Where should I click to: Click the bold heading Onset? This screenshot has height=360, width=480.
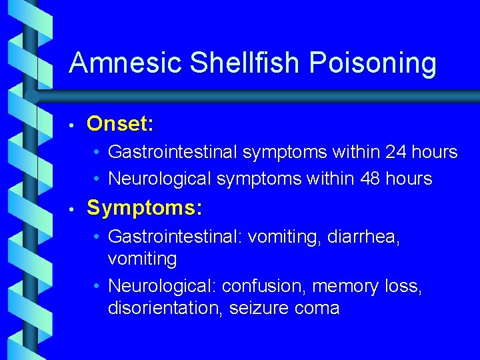coord(121,124)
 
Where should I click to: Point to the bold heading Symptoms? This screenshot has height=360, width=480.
coord(144,208)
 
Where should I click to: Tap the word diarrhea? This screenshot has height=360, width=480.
coord(363,237)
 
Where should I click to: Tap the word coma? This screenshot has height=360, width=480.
coord(319,309)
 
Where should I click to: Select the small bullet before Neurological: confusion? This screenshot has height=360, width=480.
coord(97,287)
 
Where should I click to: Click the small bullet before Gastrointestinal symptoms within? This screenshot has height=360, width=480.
coord(97,153)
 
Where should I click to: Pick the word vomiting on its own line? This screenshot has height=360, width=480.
coord(142,259)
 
